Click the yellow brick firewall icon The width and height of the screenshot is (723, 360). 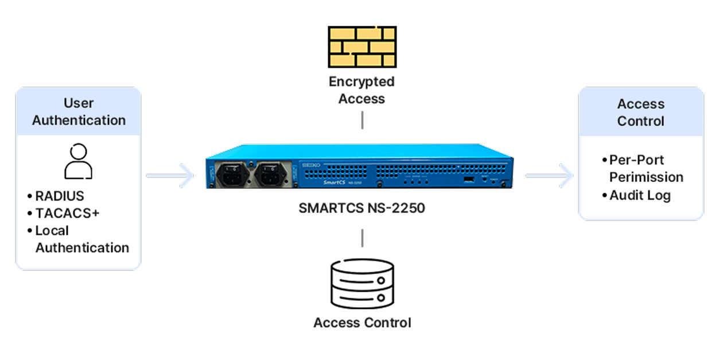[362, 47]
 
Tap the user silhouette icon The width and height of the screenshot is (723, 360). [78, 161]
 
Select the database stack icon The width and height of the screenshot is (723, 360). [362, 284]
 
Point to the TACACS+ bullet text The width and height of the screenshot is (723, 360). [67, 214]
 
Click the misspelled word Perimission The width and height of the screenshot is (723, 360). [646, 177]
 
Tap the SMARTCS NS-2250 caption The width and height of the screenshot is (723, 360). [362, 208]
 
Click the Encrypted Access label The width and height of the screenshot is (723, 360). [361, 90]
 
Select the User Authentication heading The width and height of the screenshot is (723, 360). [79, 112]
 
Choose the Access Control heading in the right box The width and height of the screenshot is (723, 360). [640, 113]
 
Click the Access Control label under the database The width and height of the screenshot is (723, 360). [362, 323]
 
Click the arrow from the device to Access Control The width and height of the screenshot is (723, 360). [550, 176]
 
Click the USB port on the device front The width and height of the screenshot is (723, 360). [469, 180]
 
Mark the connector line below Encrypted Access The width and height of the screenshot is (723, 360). [362, 121]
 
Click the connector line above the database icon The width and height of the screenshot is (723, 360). [362, 238]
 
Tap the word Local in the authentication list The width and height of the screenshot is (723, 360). [52, 231]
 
